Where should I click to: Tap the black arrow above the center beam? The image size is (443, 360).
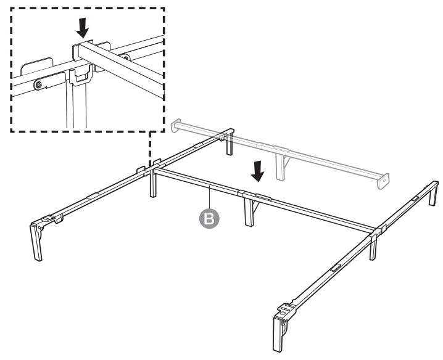259,173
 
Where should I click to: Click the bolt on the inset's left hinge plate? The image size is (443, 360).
39,83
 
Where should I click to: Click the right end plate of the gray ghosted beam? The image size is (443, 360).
384,180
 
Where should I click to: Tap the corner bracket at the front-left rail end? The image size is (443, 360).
48,219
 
